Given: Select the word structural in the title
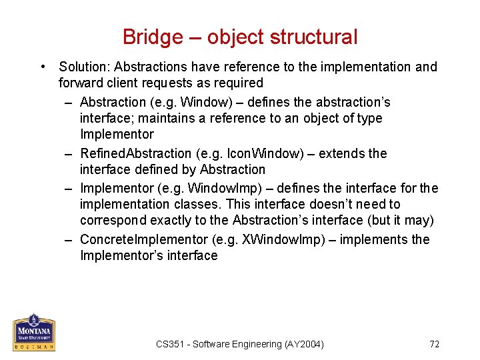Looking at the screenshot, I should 317,37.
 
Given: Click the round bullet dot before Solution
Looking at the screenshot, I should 43,67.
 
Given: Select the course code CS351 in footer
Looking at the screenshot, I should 171,344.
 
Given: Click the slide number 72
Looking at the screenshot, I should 435,344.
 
